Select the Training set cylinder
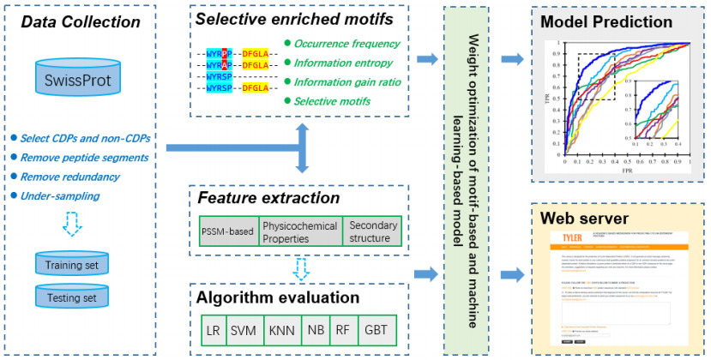pyautogui.click(x=74, y=263)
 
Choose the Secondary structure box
pyautogui.click(x=369, y=231)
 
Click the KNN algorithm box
pyautogui.click(x=280, y=329)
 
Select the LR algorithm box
pyautogui.click(x=214, y=329)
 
